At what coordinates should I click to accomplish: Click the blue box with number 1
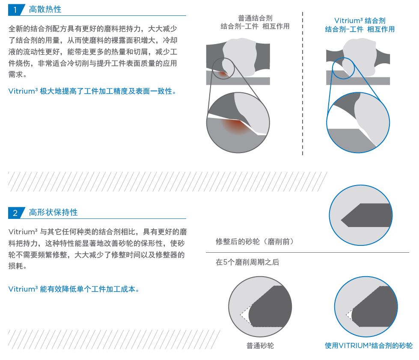[16, 10]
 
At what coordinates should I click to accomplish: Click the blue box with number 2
[16, 212]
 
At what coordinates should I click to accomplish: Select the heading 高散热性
[45, 9]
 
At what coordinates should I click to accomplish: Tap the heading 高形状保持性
[53, 212]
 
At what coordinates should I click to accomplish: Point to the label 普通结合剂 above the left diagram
[255, 18]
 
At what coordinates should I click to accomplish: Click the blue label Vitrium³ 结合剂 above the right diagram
[360, 21]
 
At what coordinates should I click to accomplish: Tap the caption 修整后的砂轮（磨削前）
[254, 242]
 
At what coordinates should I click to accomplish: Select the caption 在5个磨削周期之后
[247, 262]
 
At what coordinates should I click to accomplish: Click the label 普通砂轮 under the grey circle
[260, 345]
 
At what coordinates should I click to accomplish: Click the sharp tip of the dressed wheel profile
[341, 221]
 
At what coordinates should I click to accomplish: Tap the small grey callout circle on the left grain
[224, 68]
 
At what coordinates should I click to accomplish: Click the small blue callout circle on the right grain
[343, 68]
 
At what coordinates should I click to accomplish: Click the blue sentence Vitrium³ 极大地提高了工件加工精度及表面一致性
[92, 91]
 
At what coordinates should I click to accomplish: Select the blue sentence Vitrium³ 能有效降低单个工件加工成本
[74, 289]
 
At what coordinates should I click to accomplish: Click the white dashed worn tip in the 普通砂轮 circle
[246, 316]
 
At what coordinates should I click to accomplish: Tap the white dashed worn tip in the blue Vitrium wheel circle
[350, 315]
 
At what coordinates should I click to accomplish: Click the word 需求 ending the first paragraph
[16, 74]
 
